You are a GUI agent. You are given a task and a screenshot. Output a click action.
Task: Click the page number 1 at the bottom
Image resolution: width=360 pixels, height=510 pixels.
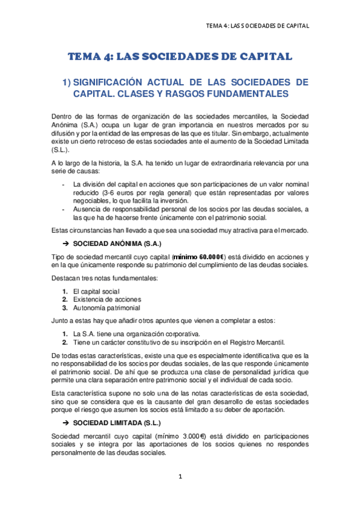(x=180, y=477)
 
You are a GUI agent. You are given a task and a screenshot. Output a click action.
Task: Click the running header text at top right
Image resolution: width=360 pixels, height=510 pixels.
(x=257, y=26)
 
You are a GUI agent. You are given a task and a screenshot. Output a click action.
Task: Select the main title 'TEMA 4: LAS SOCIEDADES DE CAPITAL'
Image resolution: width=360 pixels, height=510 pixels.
(x=180, y=57)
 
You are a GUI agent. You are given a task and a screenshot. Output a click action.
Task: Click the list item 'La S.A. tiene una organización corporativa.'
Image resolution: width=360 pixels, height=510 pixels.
(x=137, y=334)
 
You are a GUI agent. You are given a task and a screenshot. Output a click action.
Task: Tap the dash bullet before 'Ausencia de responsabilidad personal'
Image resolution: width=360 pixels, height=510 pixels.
(x=63, y=209)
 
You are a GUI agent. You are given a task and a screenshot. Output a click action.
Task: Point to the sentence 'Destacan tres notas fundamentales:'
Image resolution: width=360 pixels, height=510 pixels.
(x=105, y=280)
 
